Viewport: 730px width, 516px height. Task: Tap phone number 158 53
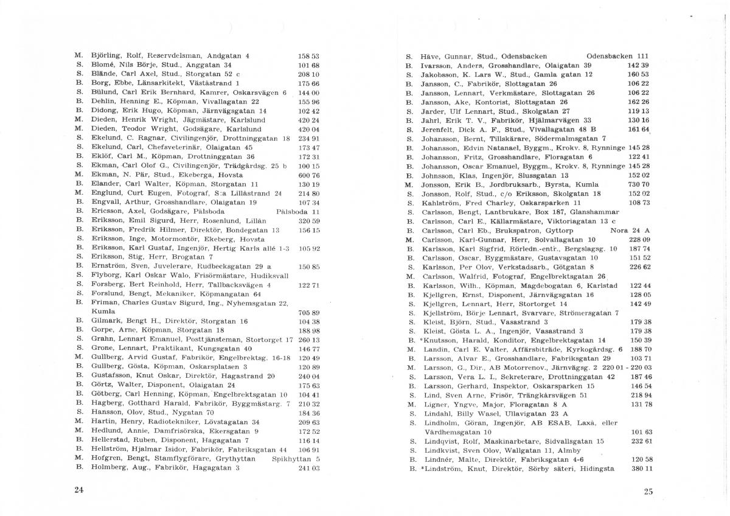309,55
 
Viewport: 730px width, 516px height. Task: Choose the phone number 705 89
309,313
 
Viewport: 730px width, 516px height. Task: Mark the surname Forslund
107,293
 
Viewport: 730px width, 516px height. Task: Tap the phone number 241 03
309,468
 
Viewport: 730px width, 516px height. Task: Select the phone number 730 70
639,184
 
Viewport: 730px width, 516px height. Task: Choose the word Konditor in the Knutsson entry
509,340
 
